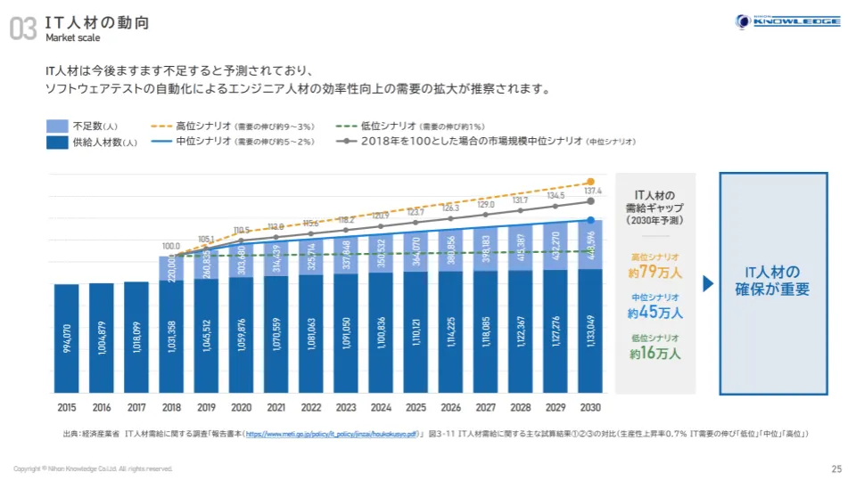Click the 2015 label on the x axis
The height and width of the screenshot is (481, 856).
pos(65,408)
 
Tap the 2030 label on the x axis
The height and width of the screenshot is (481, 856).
pos(590,408)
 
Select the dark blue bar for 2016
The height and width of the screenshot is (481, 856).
pos(102,338)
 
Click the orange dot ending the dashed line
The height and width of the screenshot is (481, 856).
pos(590,182)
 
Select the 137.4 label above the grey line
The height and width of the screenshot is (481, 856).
pos(592,192)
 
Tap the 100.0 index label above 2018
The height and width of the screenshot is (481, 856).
pos(170,245)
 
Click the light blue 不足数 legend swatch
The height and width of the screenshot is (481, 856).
pos(57,126)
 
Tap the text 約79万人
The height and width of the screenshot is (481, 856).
pos(655,272)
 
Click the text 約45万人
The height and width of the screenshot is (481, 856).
pos(655,313)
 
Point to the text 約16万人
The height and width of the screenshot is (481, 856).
pos(655,353)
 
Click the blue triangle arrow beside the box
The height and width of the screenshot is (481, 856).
pos(708,284)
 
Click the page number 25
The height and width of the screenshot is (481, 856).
pos(835,469)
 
